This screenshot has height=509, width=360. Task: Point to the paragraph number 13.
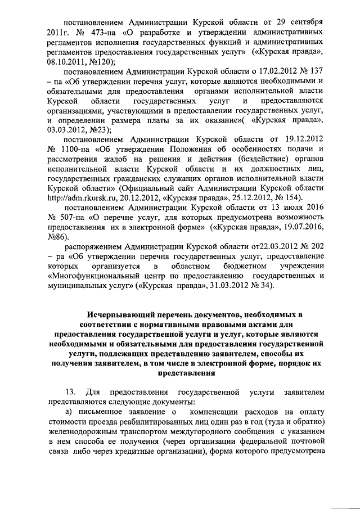[x=70, y=391]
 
